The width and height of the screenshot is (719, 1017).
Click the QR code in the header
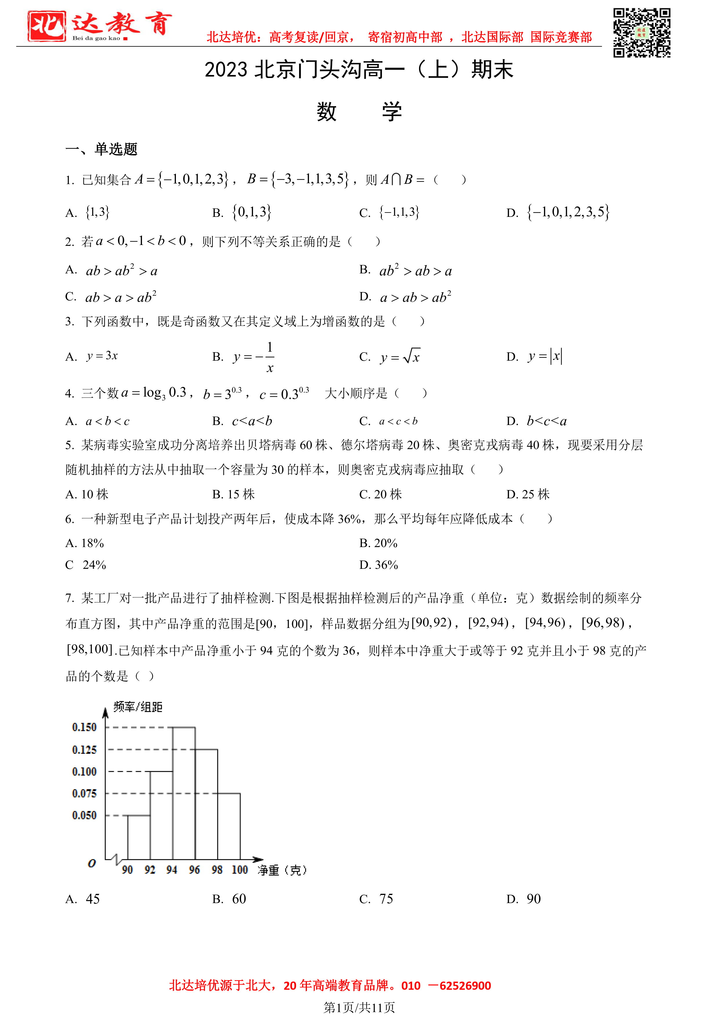pyautogui.click(x=642, y=33)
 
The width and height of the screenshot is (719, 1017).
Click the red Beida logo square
pyautogui.click(x=46, y=26)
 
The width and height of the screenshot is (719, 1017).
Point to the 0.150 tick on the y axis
pyautogui.click(x=84, y=727)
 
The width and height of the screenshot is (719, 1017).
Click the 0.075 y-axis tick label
pyautogui.click(x=84, y=793)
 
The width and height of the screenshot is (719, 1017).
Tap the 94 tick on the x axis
pyautogui.click(x=172, y=869)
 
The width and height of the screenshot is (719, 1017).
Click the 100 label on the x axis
pyautogui.click(x=239, y=869)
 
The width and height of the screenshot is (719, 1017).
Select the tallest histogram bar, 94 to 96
pyautogui.click(x=184, y=793)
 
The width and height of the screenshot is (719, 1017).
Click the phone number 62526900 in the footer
pyautogui.click(x=465, y=986)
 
